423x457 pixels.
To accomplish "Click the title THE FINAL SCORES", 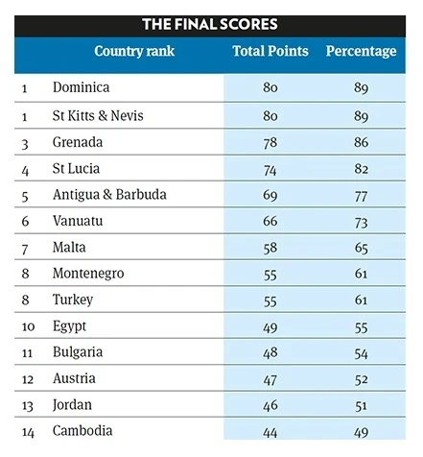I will pos(211,22).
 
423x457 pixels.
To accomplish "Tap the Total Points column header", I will pos(270,51).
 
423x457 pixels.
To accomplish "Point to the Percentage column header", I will pos(361,51).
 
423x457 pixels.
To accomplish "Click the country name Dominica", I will pos(81,88).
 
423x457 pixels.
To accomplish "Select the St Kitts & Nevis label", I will pos(102,115).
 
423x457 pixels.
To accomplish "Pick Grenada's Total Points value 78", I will pos(270,142).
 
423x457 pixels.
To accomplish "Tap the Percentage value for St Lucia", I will pos(361,169).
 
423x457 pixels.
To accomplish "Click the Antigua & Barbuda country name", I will pos(109,195).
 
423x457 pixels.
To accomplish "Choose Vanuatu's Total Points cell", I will pos(270,222).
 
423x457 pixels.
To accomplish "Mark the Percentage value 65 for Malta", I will pos(361,248).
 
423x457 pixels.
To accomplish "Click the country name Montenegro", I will pos(88,274).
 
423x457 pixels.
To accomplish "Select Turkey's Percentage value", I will pos(361,301).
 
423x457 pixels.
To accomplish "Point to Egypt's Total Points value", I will pos(270,326).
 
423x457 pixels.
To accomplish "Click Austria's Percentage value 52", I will pos(361,379).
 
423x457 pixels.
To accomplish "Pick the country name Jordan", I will pos(74,405).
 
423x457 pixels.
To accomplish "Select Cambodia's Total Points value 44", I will pos(270,431).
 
